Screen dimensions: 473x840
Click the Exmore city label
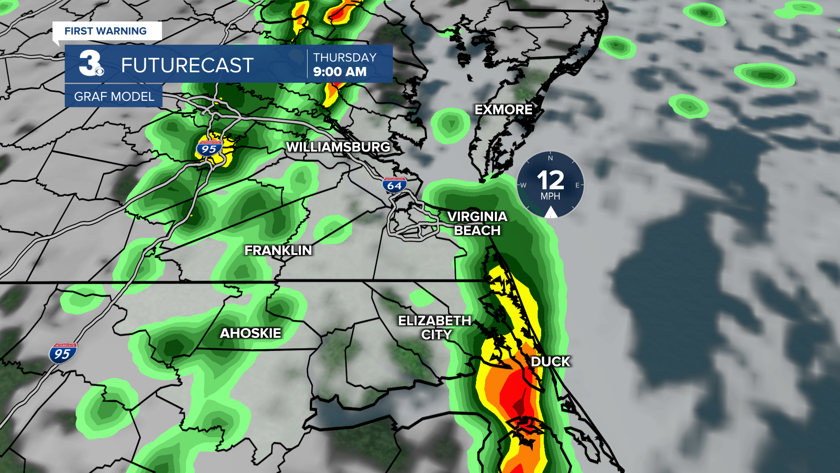tap(503, 109)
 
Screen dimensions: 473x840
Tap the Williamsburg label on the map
tap(338, 147)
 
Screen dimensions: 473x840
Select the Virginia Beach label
tap(477, 223)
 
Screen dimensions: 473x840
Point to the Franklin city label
tap(278, 250)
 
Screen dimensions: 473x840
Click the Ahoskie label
tap(250, 333)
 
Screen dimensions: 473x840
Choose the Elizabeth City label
tap(435, 328)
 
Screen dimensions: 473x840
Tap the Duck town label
tap(550, 362)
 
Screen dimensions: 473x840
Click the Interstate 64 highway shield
tap(394, 185)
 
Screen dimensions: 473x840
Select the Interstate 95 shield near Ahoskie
tap(63, 353)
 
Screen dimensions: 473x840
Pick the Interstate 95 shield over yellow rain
tap(209, 148)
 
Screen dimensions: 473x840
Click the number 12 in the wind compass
tap(550, 180)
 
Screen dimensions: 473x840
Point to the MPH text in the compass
tap(550, 197)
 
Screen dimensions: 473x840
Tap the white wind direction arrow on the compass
tap(550, 213)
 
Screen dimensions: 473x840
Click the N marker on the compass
tap(550, 158)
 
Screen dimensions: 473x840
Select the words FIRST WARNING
tap(105, 31)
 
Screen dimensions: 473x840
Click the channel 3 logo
tap(91, 64)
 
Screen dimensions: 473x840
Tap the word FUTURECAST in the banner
tap(187, 66)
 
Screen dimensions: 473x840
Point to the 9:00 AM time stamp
tap(340, 72)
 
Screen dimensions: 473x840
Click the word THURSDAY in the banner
tap(345, 57)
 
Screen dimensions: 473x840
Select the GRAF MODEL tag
tap(114, 96)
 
